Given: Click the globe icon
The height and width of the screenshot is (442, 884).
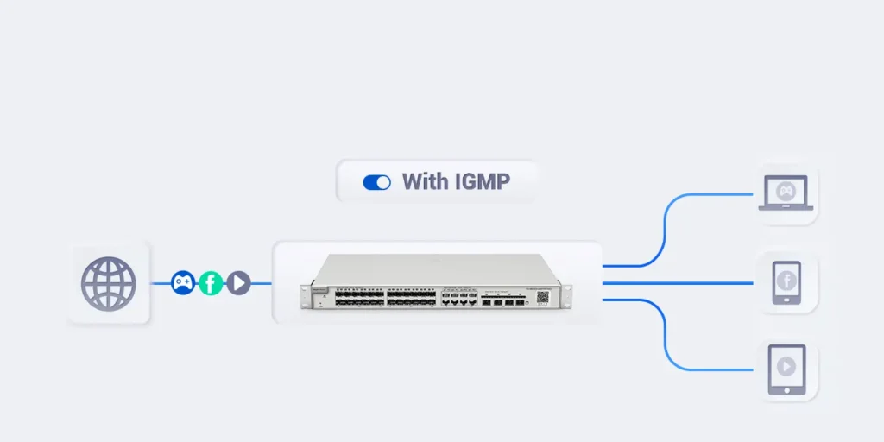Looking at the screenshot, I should [x=109, y=283].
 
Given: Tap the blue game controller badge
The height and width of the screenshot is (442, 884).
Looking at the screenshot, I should [x=182, y=282].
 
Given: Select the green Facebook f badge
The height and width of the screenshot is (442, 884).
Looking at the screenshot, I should [x=211, y=282].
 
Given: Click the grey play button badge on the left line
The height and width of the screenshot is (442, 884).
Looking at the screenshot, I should [x=238, y=282].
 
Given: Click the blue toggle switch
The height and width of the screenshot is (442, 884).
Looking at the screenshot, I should [x=376, y=182].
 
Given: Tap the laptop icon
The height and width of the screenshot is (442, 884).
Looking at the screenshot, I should [x=786, y=193].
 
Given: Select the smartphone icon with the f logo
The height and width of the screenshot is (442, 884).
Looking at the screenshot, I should [x=786, y=282].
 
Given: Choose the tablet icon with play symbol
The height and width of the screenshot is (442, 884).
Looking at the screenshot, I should [x=786, y=369].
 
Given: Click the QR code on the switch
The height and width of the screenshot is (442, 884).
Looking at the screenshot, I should [x=542, y=296].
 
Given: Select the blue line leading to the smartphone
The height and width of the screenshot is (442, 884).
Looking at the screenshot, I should [x=682, y=282].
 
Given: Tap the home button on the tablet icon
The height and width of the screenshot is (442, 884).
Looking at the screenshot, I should [x=786, y=389].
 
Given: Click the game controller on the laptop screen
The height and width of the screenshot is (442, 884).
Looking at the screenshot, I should [x=786, y=189].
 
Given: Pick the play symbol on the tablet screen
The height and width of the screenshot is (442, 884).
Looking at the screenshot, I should [x=786, y=366].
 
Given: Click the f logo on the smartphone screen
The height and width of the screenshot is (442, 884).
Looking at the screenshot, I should [x=786, y=280].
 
